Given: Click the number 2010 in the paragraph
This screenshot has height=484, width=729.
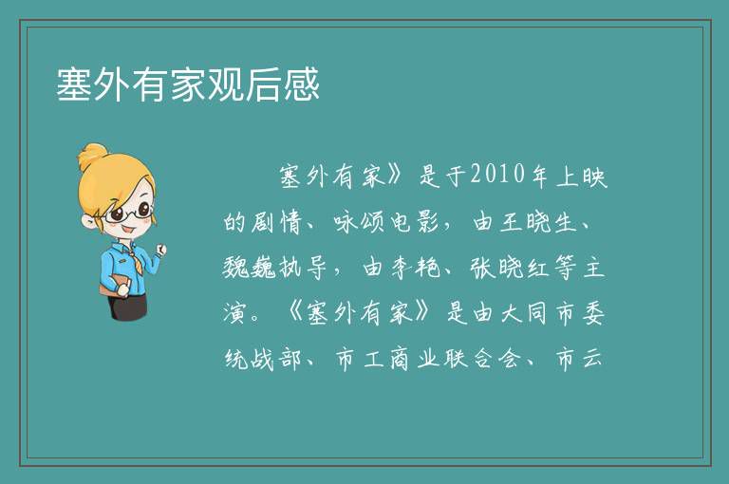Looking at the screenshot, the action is click(x=497, y=176).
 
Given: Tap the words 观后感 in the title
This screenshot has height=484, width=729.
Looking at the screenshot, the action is click(x=264, y=84).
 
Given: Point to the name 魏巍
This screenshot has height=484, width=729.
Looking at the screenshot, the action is click(x=250, y=268).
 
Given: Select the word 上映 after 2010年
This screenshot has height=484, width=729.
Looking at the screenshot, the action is click(x=582, y=177).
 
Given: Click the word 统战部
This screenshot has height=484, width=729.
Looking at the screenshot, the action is click(x=263, y=359).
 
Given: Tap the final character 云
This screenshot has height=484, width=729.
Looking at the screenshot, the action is click(x=592, y=359).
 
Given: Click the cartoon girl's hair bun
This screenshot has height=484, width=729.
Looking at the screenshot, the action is click(x=93, y=156).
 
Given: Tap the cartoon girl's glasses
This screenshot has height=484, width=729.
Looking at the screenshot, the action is click(x=128, y=213).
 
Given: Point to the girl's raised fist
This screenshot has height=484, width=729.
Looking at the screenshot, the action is click(x=160, y=251).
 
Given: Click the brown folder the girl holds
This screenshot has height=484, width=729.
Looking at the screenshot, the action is click(x=114, y=285).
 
